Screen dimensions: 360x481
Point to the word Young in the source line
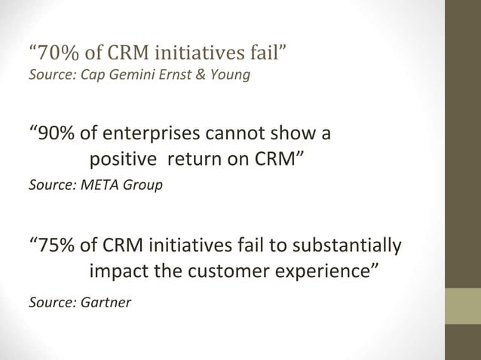pyautogui.click(x=229, y=75)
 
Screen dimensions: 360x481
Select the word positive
pyautogui.click(x=123, y=160)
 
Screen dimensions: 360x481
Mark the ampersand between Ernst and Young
pyautogui.click(x=201, y=75)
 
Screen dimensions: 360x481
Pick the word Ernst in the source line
pyautogui.click(x=174, y=75)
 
